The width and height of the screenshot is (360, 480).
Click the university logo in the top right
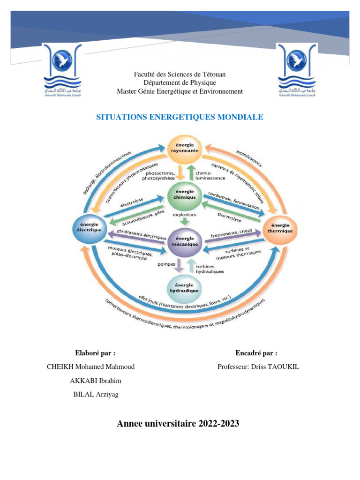[297, 70]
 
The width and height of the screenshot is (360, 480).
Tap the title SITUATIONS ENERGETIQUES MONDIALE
[180, 117]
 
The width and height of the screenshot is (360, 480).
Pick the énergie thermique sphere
[280, 228]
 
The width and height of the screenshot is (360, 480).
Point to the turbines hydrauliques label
[210, 268]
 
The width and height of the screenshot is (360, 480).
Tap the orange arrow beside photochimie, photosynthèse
[181, 173]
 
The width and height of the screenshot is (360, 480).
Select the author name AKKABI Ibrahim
[95, 381]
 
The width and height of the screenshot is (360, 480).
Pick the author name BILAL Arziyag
[96, 394]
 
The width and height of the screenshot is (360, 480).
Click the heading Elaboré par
[95, 353]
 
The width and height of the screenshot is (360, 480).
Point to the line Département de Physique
[180, 83]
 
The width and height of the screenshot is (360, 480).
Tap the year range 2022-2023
[219, 424]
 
